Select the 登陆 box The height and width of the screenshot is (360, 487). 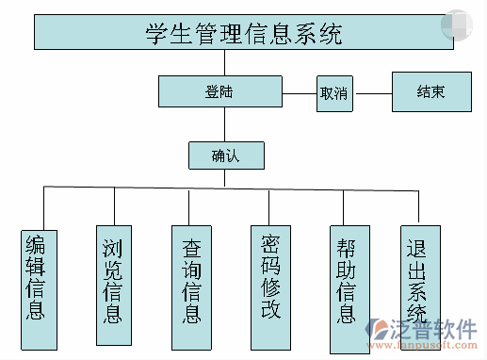[x=219, y=91]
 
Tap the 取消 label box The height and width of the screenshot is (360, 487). [x=333, y=92]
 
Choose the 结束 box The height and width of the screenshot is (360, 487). [x=431, y=92]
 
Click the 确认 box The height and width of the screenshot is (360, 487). [x=226, y=155]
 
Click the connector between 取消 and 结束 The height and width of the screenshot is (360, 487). [x=372, y=92]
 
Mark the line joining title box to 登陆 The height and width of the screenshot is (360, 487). [x=220, y=63]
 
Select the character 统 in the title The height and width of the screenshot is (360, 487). [x=329, y=34]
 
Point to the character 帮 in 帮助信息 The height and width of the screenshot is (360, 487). [x=347, y=247]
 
